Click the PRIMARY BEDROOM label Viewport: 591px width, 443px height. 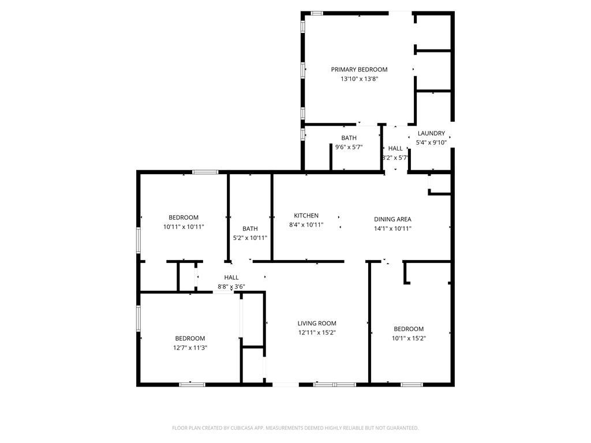359,70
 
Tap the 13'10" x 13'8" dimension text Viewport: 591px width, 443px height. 359,79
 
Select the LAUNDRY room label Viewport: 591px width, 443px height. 431,133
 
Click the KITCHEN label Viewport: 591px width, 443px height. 306,216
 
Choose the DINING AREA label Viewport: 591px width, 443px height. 392,219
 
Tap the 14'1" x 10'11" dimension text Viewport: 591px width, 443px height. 392,228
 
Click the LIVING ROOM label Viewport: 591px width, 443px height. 317,324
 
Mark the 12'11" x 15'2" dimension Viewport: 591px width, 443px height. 317,333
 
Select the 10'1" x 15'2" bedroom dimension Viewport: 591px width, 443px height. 409,339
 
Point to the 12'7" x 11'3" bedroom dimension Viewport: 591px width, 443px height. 190,348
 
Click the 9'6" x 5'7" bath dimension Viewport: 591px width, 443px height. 349,147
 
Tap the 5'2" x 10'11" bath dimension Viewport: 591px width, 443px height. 250,238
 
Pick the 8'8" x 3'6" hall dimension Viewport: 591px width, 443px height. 231,287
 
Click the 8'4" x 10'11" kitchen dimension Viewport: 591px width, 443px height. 306,225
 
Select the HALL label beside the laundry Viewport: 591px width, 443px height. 395,148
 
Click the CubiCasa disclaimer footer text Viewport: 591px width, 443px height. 295,428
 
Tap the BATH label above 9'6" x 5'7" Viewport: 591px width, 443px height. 349,138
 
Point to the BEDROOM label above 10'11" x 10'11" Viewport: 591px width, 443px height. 184,217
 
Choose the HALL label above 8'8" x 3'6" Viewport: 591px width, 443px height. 231,277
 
